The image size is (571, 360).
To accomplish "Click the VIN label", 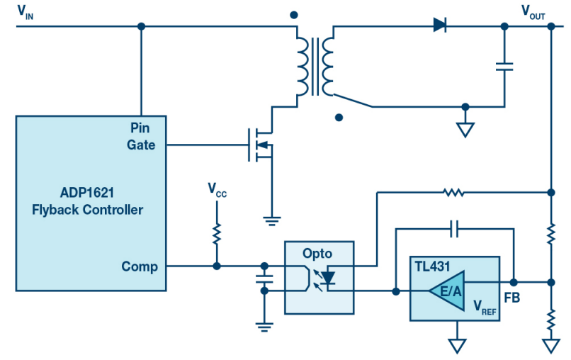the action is click(x=25, y=12).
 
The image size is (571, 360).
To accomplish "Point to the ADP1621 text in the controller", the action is click(x=87, y=192).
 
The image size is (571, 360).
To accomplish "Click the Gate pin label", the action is click(x=141, y=145).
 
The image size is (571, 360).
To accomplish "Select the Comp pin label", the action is click(x=140, y=266).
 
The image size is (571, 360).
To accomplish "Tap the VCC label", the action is click(x=217, y=189).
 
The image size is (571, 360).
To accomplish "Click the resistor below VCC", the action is click(x=217, y=235).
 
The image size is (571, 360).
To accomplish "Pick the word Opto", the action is click(x=317, y=254).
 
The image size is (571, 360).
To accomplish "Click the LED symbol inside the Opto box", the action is click(x=328, y=279).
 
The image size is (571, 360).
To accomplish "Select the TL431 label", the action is click(x=433, y=266).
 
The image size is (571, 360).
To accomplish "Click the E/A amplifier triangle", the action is click(x=447, y=291).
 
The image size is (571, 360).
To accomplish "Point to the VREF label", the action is click(x=485, y=306).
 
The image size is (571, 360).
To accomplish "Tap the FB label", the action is click(x=511, y=298).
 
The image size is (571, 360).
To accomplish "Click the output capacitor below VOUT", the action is click(x=504, y=67).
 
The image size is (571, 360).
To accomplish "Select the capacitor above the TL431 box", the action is click(x=454, y=229).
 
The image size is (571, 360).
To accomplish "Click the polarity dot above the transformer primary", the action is click(x=294, y=15).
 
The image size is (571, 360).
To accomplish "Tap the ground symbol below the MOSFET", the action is click(x=271, y=221).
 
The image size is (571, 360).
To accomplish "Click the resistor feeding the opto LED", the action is click(x=453, y=192).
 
